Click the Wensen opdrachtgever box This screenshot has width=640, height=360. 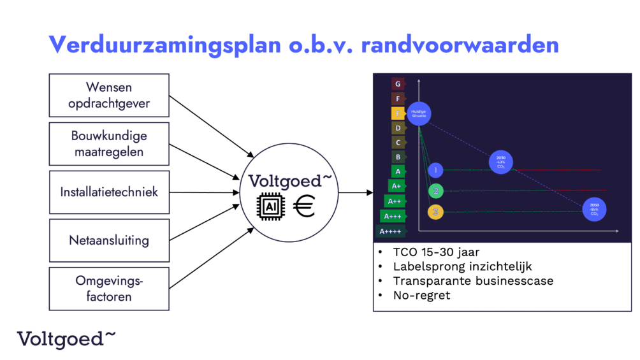(109, 95)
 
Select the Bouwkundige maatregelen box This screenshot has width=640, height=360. (109, 144)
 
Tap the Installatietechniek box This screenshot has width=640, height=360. (109, 192)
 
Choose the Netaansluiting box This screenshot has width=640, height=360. (109, 240)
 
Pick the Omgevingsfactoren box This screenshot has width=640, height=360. (109, 289)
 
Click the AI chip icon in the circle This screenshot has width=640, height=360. (270, 207)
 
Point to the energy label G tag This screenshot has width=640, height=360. (398, 84)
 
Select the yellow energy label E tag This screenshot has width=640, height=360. (398, 113)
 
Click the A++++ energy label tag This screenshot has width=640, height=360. (389, 231)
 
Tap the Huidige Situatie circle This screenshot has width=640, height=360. (419, 113)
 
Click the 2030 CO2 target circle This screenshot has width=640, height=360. (500, 161)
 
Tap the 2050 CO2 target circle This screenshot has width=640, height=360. (594, 209)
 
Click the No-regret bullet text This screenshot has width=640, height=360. (421, 295)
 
